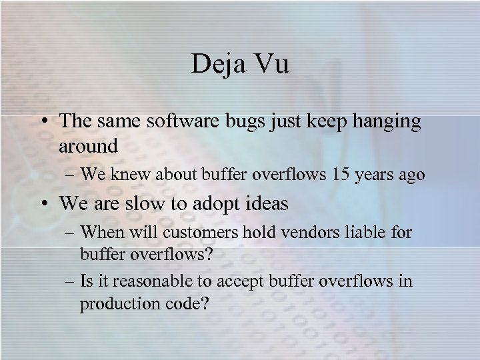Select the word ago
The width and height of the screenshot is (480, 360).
(410, 175)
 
